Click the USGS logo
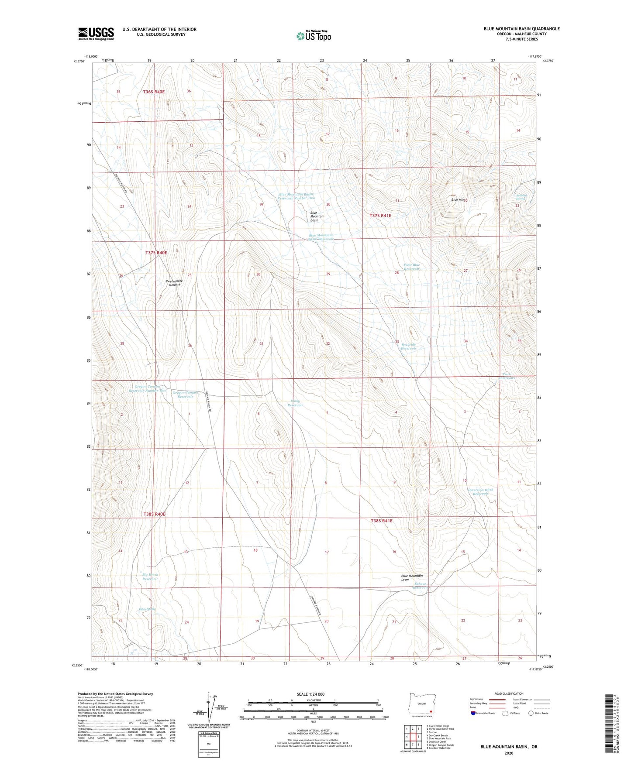[x=96, y=34]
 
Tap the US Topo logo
[x=314, y=36]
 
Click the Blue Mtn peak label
[x=457, y=199]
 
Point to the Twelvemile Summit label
[x=174, y=283]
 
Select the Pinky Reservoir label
[x=295, y=403]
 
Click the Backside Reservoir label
[x=408, y=347]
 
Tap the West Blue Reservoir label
[x=411, y=267]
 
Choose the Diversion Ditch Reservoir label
[x=480, y=491]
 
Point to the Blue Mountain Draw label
[x=411, y=578]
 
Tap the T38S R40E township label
[x=155, y=514]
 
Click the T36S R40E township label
[x=154, y=92]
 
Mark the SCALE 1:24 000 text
[x=310, y=694]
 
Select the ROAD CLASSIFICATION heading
[x=509, y=693]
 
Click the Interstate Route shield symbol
[x=473, y=713]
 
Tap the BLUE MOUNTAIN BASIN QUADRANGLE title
[x=521, y=29]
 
